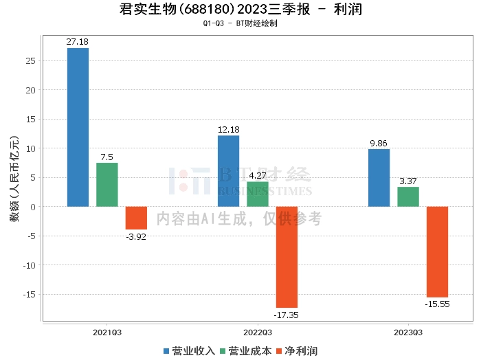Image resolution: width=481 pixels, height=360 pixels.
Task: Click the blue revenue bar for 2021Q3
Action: pos(78,127)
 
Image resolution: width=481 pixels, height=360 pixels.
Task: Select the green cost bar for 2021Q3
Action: pos(107,184)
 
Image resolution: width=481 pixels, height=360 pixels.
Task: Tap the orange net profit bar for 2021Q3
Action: pos(136,218)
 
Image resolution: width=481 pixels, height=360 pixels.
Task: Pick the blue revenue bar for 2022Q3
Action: pos(228,171)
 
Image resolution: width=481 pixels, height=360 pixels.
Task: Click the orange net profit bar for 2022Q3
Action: pos(287,257)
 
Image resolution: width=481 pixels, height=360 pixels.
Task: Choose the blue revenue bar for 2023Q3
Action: pos(379,178)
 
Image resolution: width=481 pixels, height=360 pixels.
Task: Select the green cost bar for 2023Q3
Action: pos(408,196)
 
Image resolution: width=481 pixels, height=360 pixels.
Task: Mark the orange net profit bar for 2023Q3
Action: pos(437,251)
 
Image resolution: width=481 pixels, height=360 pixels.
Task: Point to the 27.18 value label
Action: pos(78,42)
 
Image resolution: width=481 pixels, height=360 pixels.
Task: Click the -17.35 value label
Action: pos(287,315)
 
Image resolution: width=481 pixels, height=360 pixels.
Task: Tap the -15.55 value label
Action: pos(437,304)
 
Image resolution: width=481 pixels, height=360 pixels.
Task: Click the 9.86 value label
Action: pos(379,144)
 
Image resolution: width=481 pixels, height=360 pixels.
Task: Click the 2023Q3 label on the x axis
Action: pos(409,333)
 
